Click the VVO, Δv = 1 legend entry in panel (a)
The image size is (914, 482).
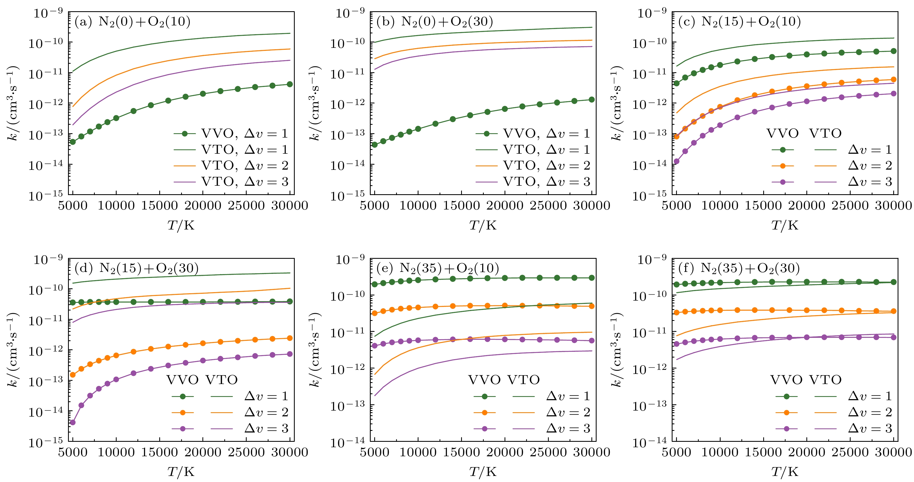coord(231,133)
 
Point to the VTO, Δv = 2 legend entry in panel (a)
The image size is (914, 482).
coord(231,166)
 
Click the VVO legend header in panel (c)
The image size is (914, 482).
coord(782,133)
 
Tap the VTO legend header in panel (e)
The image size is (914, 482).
coord(523,380)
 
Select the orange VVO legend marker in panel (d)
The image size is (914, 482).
coord(183,413)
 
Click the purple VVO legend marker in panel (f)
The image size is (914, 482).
coord(786,429)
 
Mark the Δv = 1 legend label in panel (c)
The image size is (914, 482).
coord(870,150)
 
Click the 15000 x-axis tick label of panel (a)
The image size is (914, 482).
coord(159,206)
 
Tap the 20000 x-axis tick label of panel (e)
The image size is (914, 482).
coord(505,452)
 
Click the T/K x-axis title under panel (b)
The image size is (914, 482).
coord(483,225)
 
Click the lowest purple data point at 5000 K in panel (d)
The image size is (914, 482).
coord(73,422)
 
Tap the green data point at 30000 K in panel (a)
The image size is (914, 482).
coord(290,84)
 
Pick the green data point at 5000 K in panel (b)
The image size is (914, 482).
coord(375,144)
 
